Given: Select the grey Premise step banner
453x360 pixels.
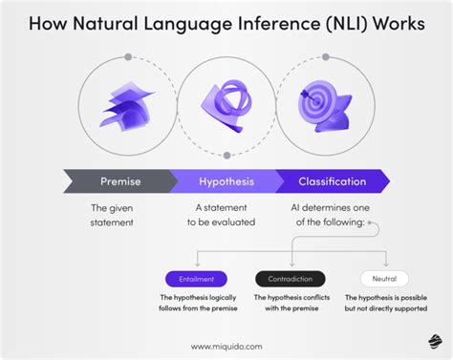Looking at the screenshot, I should pos(121,180).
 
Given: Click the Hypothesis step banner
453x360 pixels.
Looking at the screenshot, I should pos(227,180).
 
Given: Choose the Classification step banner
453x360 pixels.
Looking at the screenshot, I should pos(334,180).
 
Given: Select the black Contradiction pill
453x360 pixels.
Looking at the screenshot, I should pos(291,279).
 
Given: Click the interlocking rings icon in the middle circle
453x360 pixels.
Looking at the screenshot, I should pos(226,101).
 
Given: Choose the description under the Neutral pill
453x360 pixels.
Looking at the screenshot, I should pos(386,304).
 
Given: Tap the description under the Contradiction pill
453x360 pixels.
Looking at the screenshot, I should pos(291,304).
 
